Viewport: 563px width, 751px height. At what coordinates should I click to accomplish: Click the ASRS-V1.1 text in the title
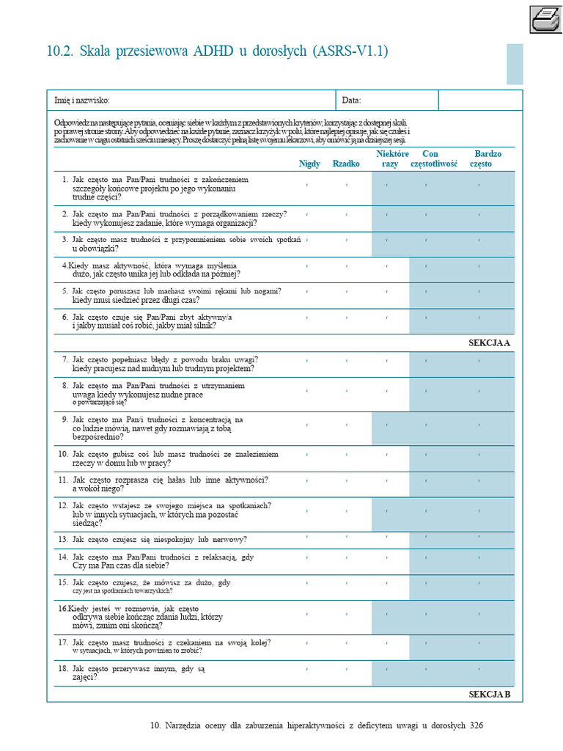click(x=350, y=51)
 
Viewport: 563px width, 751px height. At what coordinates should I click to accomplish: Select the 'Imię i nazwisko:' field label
click(x=82, y=100)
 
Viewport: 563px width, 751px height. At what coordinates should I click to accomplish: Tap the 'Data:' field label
click(x=351, y=100)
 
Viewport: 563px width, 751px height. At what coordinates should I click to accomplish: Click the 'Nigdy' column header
click(x=309, y=164)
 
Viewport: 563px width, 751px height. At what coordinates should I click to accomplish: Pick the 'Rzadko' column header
click(x=346, y=164)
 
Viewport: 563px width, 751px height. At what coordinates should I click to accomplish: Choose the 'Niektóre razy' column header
click(x=391, y=158)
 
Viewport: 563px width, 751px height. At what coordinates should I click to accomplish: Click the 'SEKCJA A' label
click(x=489, y=342)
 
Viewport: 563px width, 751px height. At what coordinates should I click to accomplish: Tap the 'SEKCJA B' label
click(x=489, y=693)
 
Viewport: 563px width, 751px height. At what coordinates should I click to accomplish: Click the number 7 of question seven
click(x=65, y=359)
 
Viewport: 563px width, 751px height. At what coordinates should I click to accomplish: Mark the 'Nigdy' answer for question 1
click(x=306, y=185)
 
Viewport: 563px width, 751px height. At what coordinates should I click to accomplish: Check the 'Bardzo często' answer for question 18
click(x=479, y=669)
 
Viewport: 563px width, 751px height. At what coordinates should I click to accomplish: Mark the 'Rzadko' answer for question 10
click(x=346, y=455)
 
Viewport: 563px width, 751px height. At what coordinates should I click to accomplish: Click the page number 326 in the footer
click(x=476, y=725)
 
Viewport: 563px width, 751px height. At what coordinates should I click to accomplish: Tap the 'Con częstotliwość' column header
click(x=434, y=158)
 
